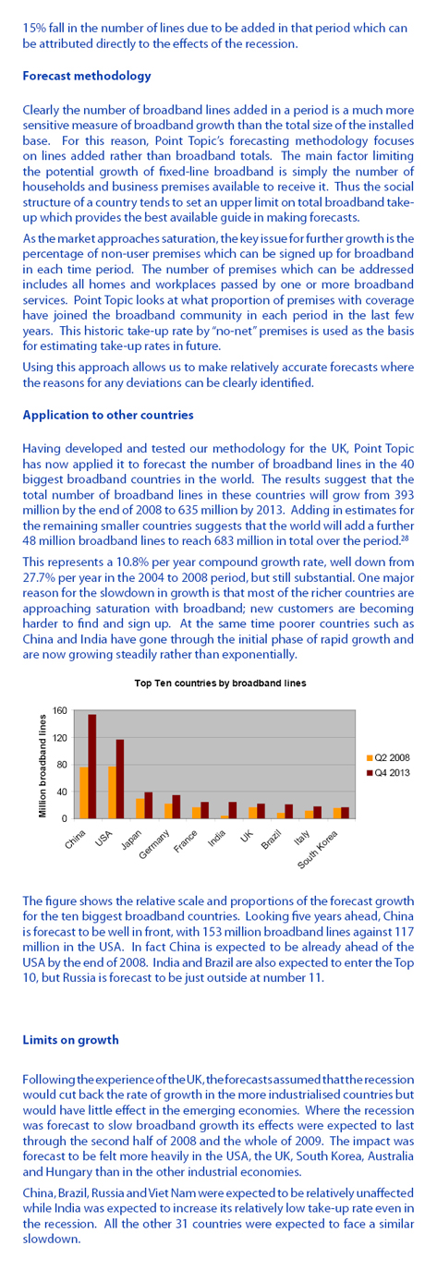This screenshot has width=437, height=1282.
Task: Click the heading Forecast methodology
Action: [x=87, y=76]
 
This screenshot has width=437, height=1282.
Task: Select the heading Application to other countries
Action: [x=108, y=415]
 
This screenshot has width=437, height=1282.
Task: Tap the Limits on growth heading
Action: [x=70, y=1040]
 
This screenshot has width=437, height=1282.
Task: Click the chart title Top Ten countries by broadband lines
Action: [x=220, y=683]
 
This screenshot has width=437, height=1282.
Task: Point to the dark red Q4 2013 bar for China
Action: [x=92, y=767]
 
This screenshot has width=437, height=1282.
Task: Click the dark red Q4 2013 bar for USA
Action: [x=120, y=779]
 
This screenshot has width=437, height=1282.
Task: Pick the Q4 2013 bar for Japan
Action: [x=149, y=805]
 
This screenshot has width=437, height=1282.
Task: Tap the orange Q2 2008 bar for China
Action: [x=84, y=793]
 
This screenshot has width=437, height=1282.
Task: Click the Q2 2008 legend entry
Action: [x=388, y=757]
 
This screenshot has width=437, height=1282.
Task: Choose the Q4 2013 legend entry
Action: [x=388, y=773]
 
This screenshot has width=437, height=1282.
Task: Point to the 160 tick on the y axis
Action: [x=60, y=711]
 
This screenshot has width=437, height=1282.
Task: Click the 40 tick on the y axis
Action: [x=63, y=792]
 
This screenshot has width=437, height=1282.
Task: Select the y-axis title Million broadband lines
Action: [x=42, y=765]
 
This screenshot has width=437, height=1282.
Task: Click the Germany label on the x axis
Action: [x=154, y=845]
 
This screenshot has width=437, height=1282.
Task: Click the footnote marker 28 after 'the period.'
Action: [x=403, y=538]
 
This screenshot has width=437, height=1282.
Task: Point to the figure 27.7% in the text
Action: [x=37, y=577]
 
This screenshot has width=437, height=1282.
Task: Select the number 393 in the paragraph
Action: [x=405, y=494]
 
